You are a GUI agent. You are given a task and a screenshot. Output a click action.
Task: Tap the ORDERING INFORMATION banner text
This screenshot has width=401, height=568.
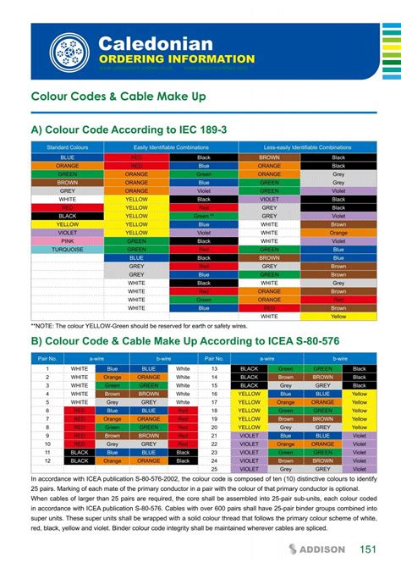pyautogui.click(x=176, y=59)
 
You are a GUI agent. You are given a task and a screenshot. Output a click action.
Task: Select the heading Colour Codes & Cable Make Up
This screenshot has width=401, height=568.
pyautogui.click(x=118, y=97)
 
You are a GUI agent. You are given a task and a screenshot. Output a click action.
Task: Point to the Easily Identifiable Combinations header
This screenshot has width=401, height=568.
pyautogui.click(x=169, y=147)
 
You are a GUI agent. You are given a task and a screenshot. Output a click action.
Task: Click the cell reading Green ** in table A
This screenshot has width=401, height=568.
pyautogui.click(x=203, y=216)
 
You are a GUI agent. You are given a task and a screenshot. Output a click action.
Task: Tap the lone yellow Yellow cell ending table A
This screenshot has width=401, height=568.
pyautogui.click(x=338, y=316)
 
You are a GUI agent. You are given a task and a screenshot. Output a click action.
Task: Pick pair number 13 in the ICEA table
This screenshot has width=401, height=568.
pyautogui.click(x=215, y=369)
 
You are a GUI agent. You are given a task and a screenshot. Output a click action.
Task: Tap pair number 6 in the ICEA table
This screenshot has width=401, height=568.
pyautogui.click(x=47, y=411)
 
